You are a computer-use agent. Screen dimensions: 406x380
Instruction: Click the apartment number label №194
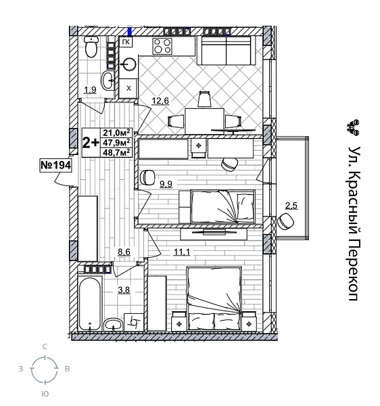coord(55,164)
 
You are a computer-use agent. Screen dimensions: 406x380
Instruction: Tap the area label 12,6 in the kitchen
coord(160,101)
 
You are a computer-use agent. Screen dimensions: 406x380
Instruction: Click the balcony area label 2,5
coord(291,205)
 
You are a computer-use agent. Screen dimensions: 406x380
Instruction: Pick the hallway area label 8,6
coord(124,252)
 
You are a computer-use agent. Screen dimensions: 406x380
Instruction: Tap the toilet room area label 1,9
coord(89,89)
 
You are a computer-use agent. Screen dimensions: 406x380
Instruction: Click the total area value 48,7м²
coord(116,152)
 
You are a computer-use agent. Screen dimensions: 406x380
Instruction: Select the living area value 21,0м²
coord(116,133)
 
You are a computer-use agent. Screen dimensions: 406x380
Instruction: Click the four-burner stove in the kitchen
coord(162,46)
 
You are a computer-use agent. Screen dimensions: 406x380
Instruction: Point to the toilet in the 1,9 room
coord(91,49)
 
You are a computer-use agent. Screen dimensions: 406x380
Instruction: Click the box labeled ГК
coord(126,42)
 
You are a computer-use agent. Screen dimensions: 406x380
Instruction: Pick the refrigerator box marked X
coord(128,88)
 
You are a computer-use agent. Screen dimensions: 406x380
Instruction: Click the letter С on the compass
coord(45,346)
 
